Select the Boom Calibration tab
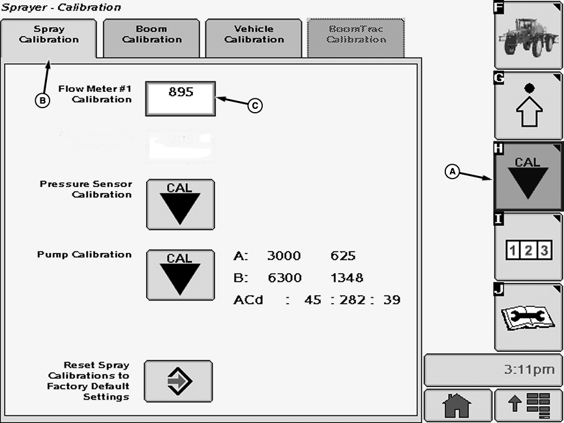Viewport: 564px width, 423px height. tap(151, 34)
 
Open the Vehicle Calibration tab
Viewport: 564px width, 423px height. tap(254, 34)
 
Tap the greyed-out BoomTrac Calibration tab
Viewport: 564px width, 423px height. tap(356, 34)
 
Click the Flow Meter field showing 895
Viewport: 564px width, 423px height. tap(181, 98)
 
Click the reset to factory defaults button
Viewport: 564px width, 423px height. tap(178, 381)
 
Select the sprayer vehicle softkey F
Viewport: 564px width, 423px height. tap(528, 35)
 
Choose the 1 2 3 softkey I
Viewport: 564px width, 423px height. tap(528, 248)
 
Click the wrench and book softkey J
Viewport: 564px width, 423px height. tap(528, 317)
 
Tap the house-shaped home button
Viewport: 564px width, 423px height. tap(457, 406)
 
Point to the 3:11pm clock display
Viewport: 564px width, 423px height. tap(493, 370)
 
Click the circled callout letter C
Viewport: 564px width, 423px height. tap(255, 105)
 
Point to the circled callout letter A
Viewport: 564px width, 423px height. tap(452, 171)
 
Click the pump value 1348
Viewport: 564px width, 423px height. tap(347, 278)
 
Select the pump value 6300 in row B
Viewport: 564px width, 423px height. tap(284, 278)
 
